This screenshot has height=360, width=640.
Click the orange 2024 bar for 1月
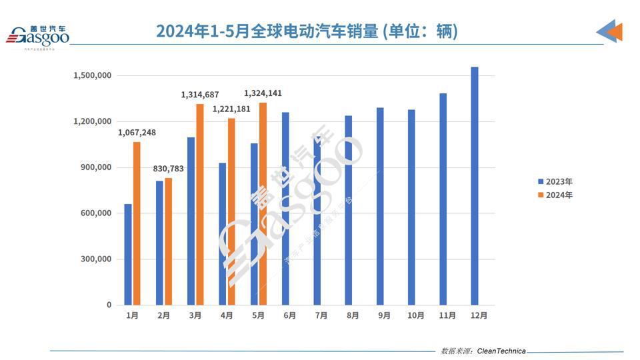(137, 223)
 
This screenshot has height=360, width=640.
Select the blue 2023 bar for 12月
(474, 186)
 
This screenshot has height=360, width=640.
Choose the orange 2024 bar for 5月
(263, 204)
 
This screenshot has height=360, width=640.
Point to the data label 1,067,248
(137, 133)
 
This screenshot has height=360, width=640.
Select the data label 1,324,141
(263, 93)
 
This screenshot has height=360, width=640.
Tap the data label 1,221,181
(231, 109)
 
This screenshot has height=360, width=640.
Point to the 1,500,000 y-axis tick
(92, 76)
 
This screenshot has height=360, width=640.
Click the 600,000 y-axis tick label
(96, 213)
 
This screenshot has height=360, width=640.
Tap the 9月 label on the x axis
(383, 315)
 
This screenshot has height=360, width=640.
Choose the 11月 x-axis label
(447, 315)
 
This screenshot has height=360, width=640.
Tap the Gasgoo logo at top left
(38, 36)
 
